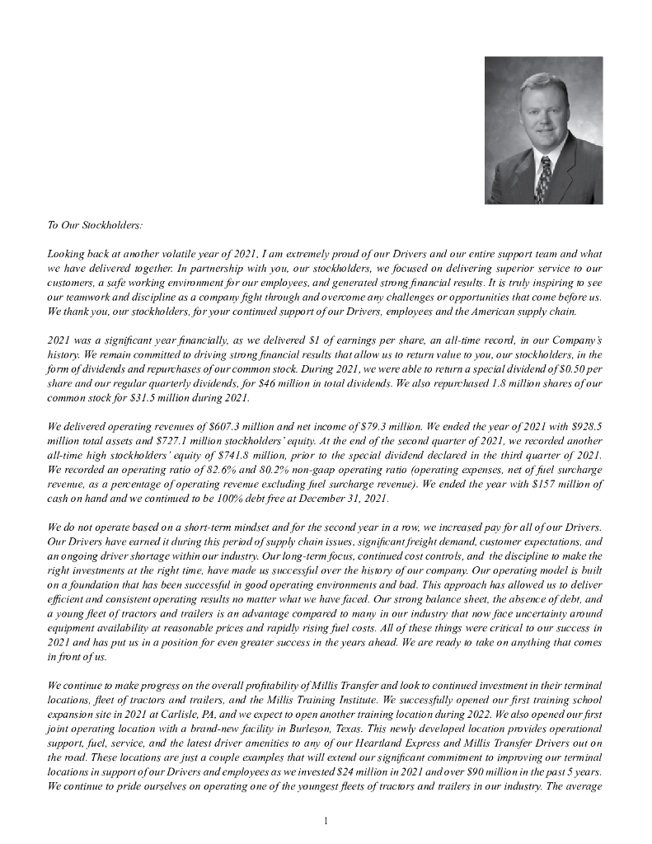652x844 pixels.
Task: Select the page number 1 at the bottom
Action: [326, 821]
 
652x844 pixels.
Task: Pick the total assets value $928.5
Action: [588, 428]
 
